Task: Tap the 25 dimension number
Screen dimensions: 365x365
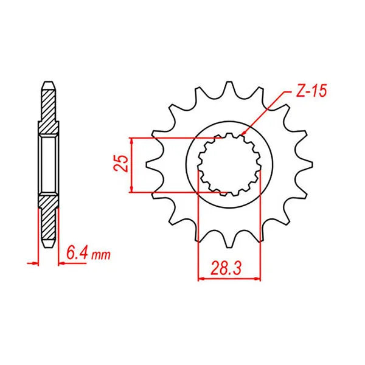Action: pos(121,164)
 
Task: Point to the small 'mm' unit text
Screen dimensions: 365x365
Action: pos(101,255)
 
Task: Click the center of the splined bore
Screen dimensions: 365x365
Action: pos(229,164)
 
